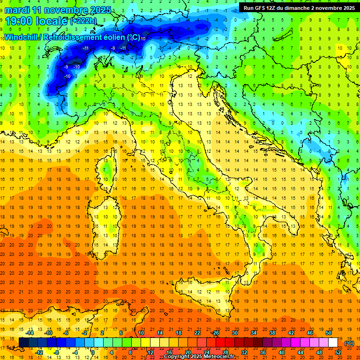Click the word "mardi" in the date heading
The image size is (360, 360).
(x=16, y=10)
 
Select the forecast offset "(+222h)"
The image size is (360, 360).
(x=83, y=21)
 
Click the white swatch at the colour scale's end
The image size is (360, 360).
(x=333, y=343)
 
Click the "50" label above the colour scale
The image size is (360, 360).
(x=329, y=333)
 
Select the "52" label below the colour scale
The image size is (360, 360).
(x=338, y=352)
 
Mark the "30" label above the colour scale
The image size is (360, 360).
(x=235, y=333)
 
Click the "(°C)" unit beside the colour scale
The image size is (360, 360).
(x=349, y=343)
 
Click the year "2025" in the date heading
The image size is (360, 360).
(x=100, y=10)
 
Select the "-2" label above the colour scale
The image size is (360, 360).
(x=85, y=333)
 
